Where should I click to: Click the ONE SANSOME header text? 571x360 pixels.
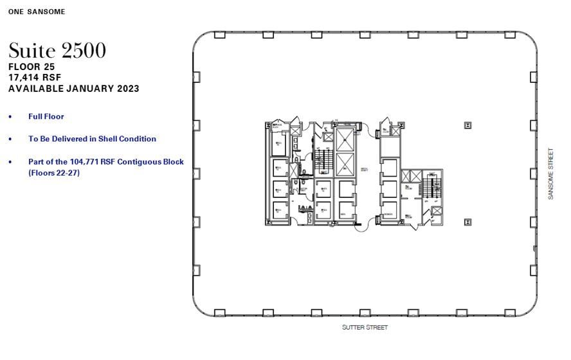click(x=37, y=12)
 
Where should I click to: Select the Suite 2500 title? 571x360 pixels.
click(x=57, y=50)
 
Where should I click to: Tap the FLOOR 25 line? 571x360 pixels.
click(x=32, y=66)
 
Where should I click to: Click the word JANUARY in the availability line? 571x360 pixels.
click(x=90, y=88)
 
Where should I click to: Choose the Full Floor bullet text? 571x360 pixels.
click(x=46, y=116)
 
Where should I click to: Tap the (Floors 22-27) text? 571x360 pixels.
click(x=54, y=172)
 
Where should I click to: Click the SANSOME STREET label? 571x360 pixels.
click(x=550, y=174)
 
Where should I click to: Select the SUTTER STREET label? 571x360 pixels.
click(x=365, y=327)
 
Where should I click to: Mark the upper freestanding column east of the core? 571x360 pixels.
click(x=467, y=126)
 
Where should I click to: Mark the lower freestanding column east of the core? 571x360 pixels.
click(x=467, y=221)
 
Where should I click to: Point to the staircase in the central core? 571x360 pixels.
click(x=325, y=161)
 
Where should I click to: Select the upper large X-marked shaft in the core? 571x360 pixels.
click(x=345, y=139)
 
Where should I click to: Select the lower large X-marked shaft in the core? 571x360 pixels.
click(x=345, y=165)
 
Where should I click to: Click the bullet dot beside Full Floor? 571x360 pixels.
click(x=10, y=117)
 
